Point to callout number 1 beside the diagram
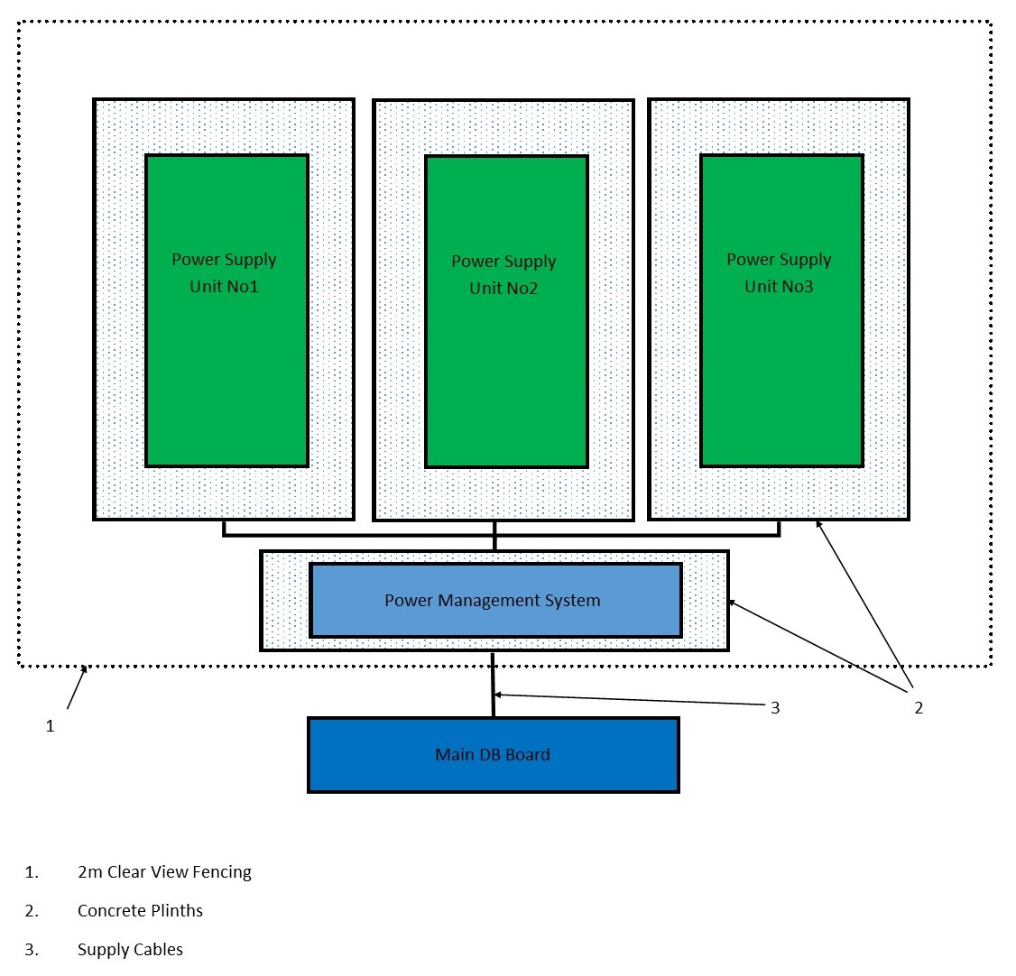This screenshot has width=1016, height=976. (51, 725)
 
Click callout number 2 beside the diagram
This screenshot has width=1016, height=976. (919, 708)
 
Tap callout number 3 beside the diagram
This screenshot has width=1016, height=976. (774, 708)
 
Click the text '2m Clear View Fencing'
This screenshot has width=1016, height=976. (164, 872)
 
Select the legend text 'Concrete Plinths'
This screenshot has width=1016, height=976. (140, 911)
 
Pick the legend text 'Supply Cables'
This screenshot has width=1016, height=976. (130, 950)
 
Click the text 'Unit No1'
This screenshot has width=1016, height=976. (224, 287)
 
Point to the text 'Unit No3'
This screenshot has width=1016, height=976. (779, 287)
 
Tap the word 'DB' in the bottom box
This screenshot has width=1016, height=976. (490, 755)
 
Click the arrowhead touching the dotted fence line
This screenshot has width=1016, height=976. (85, 669)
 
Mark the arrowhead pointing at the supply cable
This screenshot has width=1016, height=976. (498, 695)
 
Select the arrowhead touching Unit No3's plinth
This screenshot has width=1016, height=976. (818, 523)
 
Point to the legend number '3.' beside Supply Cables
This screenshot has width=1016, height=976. (32, 950)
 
